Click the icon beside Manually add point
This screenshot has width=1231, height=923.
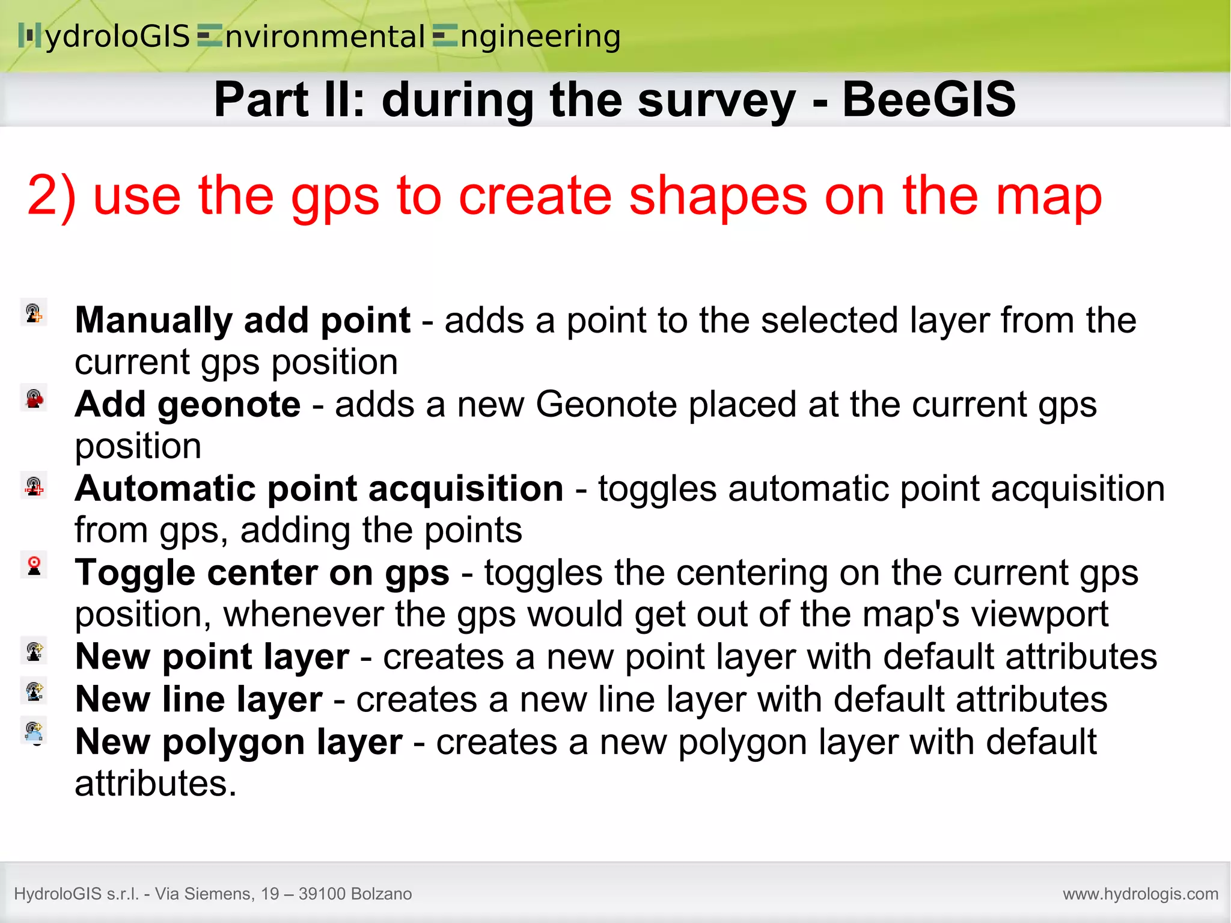coord(34,313)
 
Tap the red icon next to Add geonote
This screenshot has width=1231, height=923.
coord(34,398)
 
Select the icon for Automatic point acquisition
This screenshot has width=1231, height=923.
coord(34,485)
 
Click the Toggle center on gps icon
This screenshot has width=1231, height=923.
coord(34,566)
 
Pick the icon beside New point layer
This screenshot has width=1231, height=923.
coord(34,651)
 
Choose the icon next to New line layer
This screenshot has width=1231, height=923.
coord(34,691)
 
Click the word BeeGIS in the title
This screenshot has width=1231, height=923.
coord(929,99)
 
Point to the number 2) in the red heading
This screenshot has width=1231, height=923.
coord(52,196)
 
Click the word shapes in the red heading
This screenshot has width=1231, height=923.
coord(718,196)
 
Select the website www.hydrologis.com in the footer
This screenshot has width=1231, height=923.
coord(1140,894)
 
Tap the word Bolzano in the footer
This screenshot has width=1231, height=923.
coord(381,894)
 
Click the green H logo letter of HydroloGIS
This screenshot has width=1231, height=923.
coord(29,35)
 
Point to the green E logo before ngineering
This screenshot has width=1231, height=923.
coord(445,35)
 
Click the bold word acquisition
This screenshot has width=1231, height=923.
coord(466,488)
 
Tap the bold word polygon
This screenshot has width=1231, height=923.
coord(234,743)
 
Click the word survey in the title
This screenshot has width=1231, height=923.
coord(716,99)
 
